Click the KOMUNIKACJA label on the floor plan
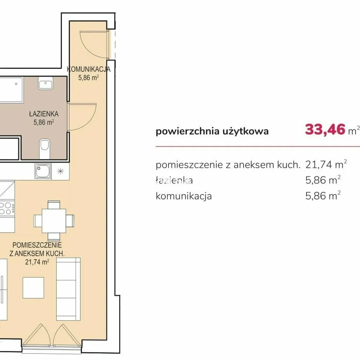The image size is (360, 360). coord(89,69)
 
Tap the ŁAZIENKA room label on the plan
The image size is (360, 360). coord(44,114)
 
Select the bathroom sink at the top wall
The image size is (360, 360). coord(46,83)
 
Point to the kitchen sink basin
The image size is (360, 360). coord(43,171)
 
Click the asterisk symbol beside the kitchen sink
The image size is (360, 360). coord(60,171)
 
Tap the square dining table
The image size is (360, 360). coord(54,221)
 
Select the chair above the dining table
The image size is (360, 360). coord(54,205)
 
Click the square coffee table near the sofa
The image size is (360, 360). coord(33,288)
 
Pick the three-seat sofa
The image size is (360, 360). coord(68,289)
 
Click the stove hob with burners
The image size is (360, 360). coord(7,208)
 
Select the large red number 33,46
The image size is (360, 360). coord(325,130)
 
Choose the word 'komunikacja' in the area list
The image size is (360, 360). coord(184,196)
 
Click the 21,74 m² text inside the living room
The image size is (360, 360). coord(37,262)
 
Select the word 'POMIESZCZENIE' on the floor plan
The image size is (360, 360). coord(37,245)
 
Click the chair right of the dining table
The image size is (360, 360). coord(70,221)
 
